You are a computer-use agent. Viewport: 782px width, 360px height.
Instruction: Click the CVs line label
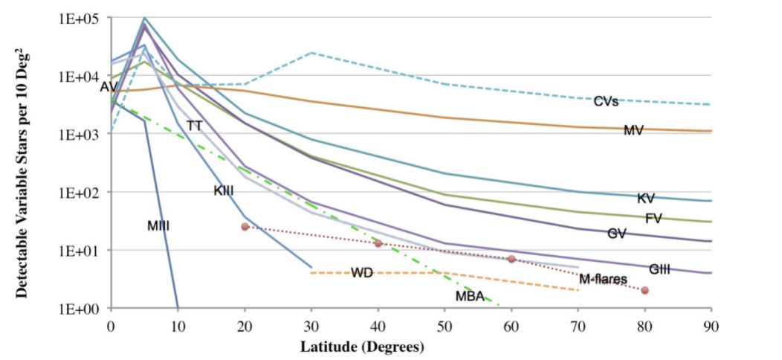click(606, 101)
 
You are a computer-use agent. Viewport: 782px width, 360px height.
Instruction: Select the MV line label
click(633, 131)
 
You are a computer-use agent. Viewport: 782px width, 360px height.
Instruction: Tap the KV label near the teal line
click(645, 199)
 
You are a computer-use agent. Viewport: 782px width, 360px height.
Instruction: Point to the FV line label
click(653, 219)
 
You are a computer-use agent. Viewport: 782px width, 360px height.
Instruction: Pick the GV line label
click(616, 234)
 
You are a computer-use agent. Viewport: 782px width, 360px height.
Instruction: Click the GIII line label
click(659, 269)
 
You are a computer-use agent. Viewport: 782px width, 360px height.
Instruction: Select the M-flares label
click(603, 280)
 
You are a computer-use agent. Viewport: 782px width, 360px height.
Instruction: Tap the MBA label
click(470, 297)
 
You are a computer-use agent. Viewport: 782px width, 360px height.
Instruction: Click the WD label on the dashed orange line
click(362, 273)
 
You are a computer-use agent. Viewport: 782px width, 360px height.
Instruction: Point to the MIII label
click(158, 226)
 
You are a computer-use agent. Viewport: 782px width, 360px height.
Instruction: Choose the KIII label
click(224, 191)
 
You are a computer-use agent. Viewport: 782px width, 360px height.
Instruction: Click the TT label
click(194, 126)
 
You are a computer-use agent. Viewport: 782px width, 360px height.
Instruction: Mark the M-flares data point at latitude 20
click(245, 226)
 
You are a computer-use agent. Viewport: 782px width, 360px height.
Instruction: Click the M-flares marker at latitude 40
click(378, 243)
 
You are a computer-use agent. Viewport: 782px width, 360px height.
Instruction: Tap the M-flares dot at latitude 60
click(511, 259)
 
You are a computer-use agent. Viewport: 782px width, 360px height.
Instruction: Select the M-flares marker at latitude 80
click(644, 290)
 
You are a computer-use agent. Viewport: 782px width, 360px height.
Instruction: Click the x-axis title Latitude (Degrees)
click(362, 347)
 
